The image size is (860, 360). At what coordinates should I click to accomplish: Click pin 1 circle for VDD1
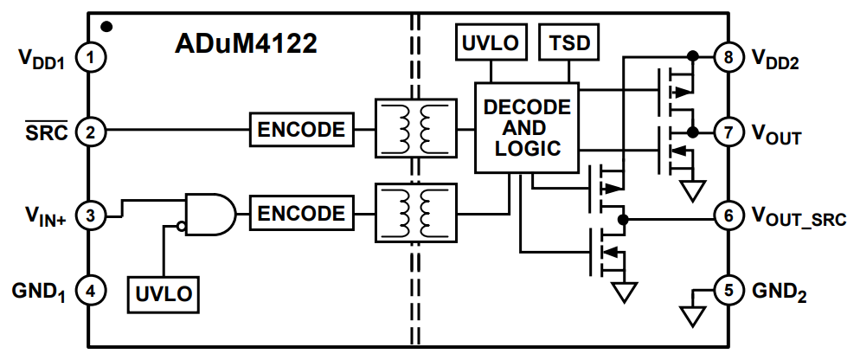pyautogui.click(x=90, y=59)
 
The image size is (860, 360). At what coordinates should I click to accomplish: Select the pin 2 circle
pyautogui.click(x=90, y=132)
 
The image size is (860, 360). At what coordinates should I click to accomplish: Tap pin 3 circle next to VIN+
pyautogui.click(x=90, y=214)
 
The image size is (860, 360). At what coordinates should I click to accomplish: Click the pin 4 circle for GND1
pyautogui.click(x=90, y=292)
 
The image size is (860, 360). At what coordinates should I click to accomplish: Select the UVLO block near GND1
pyautogui.click(x=162, y=294)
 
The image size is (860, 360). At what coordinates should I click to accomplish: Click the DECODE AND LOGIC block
pyautogui.click(x=526, y=127)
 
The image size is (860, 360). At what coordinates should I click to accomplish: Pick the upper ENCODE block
pyautogui.click(x=302, y=131)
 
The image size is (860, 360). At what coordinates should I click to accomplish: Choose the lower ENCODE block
pyautogui.click(x=302, y=213)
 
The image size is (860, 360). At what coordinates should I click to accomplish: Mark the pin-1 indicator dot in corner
pyautogui.click(x=105, y=28)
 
